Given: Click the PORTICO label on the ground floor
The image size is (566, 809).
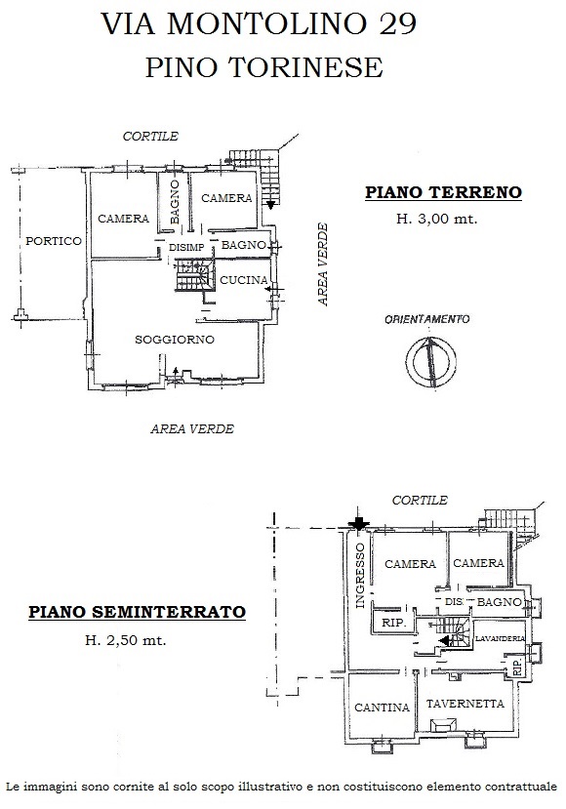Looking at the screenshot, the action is [54, 241].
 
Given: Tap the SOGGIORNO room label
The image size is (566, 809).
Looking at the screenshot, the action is [175, 340].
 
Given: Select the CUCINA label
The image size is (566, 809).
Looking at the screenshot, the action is [244, 280].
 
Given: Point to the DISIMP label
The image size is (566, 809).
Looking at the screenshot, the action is [186, 248].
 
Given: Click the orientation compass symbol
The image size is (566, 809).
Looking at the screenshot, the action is [430, 361].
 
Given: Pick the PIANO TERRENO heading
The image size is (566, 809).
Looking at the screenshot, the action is [444, 192].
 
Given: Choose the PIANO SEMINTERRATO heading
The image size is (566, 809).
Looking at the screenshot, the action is [137, 612].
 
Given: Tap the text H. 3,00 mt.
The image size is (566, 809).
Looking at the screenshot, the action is [436, 219].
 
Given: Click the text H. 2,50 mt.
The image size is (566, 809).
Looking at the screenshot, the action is [125, 641].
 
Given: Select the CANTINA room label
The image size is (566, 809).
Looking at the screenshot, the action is [382, 708].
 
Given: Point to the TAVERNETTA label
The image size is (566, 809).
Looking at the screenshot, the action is [465, 704].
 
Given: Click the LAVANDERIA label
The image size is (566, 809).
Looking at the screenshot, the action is [500, 639].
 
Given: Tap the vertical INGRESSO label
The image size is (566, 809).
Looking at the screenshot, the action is [360, 575].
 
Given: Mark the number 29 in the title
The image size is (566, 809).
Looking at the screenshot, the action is [398, 23].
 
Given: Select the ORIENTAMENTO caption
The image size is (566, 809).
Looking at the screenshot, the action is [427, 319].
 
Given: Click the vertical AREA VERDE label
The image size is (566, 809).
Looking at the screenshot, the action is [323, 264].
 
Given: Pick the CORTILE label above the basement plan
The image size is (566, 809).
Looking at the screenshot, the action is [420, 500].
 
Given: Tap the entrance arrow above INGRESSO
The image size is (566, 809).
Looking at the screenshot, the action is [358, 523].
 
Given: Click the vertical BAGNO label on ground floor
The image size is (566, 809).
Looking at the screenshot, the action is [175, 202].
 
